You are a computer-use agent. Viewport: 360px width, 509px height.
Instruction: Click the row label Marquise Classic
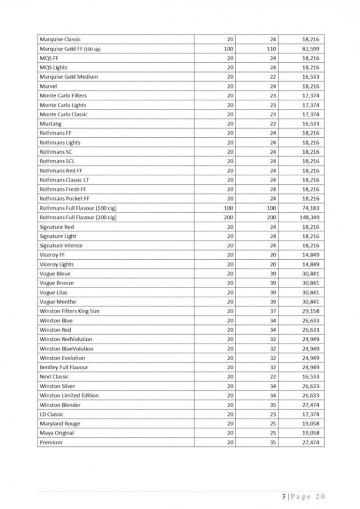click(x=60, y=39)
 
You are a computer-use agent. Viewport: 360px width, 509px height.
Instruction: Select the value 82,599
click(x=310, y=49)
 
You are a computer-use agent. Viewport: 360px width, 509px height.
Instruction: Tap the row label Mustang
click(x=51, y=124)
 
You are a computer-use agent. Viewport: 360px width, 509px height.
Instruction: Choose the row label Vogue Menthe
click(x=58, y=302)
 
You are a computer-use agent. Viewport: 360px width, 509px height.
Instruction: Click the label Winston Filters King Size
click(x=69, y=311)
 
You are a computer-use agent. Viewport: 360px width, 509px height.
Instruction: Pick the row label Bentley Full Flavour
click(x=64, y=367)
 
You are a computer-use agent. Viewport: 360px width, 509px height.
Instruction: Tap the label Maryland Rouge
click(x=60, y=424)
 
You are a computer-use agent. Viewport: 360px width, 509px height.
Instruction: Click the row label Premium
click(x=51, y=442)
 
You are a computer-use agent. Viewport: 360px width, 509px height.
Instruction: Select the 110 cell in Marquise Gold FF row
click(x=271, y=49)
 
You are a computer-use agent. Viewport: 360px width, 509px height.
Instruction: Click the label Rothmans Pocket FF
click(x=64, y=199)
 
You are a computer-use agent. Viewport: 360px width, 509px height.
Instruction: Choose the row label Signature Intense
click(x=61, y=246)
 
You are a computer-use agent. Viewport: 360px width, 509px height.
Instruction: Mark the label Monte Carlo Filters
click(x=63, y=96)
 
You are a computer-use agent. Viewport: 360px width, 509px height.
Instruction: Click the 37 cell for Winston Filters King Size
click(x=273, y=311)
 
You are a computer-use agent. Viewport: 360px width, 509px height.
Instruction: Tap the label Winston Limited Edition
click(x=69, y=396)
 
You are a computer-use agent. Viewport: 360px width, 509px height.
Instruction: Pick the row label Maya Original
click(x=57, y=433)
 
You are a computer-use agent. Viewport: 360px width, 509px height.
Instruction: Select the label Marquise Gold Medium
click(x=69, y=77)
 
